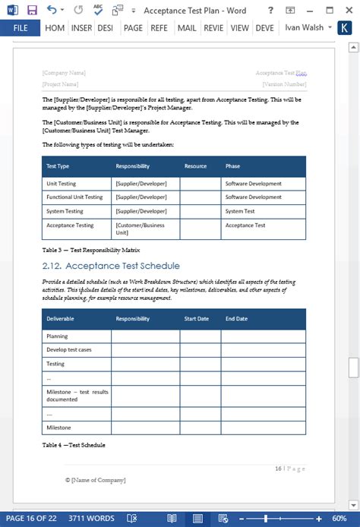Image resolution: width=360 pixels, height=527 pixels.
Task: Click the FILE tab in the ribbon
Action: point(21,28)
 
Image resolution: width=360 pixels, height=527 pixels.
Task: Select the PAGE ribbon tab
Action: point(133,28)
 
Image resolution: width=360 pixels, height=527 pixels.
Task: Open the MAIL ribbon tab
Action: point(186,28)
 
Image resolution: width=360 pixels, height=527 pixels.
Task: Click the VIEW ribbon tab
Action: point(240,28)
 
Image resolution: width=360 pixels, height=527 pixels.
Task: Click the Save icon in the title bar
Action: point(32,10)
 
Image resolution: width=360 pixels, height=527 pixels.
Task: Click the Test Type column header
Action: point(58,166)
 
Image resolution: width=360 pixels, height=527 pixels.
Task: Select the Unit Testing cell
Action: point(62,184)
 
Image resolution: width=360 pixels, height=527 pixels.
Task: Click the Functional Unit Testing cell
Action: point(74,197)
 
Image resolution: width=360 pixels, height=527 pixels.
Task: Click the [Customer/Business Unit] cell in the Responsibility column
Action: point(140,229)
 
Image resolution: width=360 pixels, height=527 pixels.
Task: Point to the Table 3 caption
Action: point(91,250)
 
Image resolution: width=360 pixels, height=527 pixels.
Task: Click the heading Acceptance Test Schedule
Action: point(111,266)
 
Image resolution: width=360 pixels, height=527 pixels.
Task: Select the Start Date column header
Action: point(196,319)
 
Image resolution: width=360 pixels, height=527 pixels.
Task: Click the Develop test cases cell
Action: point(69,349)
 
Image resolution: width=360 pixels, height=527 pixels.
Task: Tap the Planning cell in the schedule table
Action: point(57,336)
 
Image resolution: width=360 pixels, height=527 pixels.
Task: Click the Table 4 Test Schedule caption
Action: point(74,445)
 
